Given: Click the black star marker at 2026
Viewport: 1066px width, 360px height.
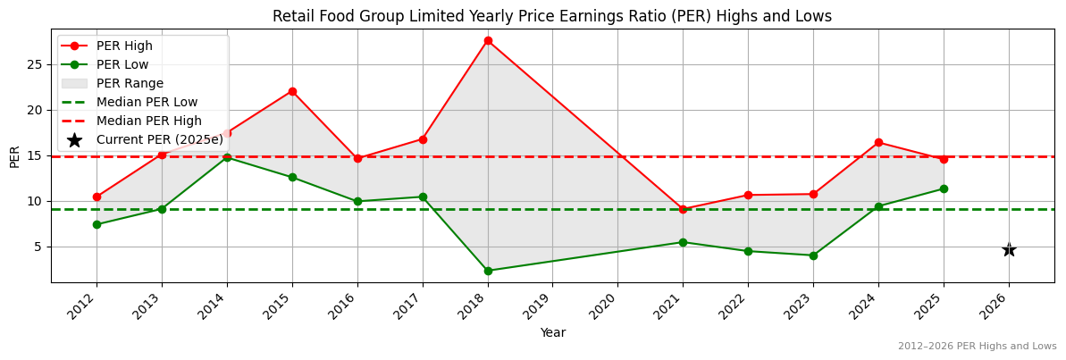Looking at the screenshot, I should (1009, 249).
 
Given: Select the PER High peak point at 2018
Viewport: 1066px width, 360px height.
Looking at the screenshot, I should (488, 40).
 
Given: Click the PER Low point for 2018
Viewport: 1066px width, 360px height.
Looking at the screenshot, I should (488, 271).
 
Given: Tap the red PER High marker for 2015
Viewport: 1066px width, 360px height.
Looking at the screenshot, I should (292, 91).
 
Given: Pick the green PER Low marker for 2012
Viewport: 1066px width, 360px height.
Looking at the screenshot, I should (97, 224).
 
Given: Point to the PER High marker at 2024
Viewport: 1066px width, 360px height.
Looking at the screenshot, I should (878, 142).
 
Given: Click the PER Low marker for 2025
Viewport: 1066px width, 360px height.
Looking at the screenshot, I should (944, 188).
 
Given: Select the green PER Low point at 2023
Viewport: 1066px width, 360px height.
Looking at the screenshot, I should (813, 255).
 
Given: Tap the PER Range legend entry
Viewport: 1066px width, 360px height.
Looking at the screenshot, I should (130, 83).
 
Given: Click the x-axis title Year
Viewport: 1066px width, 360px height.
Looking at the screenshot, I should (552, 332).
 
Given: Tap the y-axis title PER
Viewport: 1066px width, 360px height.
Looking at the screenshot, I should (14, 156).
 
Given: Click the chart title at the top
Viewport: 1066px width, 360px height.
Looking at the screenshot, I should (552, 16).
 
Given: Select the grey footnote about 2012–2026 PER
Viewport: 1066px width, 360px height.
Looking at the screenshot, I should (977, 346).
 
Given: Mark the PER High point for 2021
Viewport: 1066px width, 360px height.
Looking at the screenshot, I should (683, 209).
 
